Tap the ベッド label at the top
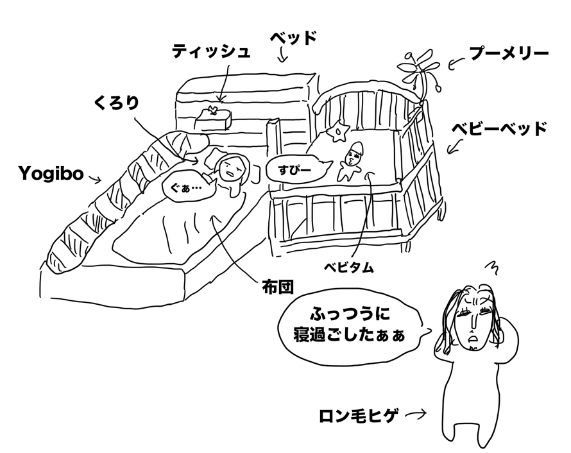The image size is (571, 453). click(x=293, y=38)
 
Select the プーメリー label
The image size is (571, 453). click(x=508, y=54)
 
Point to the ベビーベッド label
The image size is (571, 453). click(x=500, y=129)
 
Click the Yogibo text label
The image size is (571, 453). click(x=51, y=173)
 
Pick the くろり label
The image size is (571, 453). click(x=115, y=103)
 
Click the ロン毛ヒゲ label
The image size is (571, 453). click(x=359, y=416)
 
